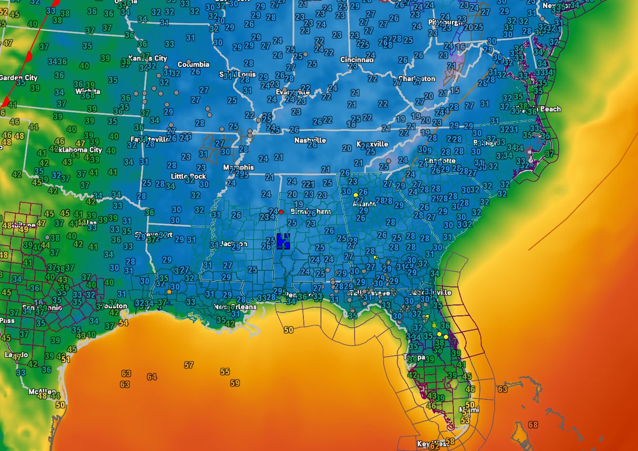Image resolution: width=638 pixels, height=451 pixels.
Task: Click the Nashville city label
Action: click(x=310, y=141)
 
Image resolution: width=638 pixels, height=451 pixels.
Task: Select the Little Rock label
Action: click(x=188, y=176)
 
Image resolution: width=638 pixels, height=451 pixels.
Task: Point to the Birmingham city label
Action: click(x=310, y=211)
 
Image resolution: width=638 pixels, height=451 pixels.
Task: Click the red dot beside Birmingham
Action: click(x=281, y=211)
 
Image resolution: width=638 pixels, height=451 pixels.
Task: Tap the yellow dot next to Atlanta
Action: click(x=356, y=195)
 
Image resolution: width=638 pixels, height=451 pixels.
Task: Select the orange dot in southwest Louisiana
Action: click(x=169, y=292)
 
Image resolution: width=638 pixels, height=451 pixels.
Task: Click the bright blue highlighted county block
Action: click(x=283, y=241)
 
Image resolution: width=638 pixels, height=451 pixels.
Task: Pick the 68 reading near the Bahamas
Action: click(x=533, y=424)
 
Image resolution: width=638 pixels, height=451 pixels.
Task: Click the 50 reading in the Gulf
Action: click(x=289, y=330)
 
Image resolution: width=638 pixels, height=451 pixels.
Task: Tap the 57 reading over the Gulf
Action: click(x=189, y=365)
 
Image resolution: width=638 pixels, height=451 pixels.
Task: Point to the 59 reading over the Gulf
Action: click(x=235, y=382)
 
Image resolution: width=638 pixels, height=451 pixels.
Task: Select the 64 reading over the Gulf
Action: click(x=152, y=377)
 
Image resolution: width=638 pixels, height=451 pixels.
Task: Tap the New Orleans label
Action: click(x=235, y=307)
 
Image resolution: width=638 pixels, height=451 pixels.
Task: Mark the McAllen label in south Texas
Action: click(x=42, y=392)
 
